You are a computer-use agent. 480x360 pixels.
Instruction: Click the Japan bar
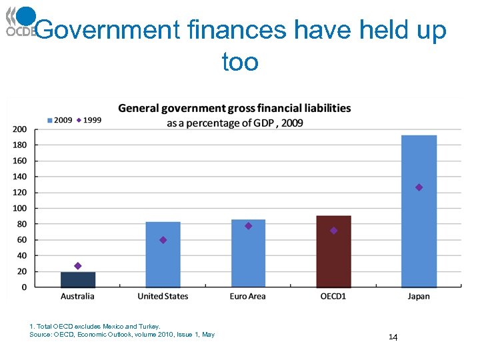419,211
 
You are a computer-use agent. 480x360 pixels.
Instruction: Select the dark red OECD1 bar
333,251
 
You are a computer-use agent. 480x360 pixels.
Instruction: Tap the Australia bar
78,279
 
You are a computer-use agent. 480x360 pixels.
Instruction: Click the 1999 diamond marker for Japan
419,187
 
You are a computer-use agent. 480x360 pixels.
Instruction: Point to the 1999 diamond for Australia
78,266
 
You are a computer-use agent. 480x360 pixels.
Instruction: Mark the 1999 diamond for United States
163,240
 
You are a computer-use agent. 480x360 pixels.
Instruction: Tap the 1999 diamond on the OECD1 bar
333,231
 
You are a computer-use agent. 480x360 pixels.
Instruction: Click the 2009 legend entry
59,120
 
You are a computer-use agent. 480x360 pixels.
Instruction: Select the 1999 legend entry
89,120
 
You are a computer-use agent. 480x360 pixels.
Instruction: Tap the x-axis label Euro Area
248,297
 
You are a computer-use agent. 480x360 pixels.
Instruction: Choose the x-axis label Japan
419,297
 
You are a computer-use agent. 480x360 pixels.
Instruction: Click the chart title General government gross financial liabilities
235,108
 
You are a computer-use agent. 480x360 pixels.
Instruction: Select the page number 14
393,338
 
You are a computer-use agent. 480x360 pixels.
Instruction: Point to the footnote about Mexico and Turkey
95,326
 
